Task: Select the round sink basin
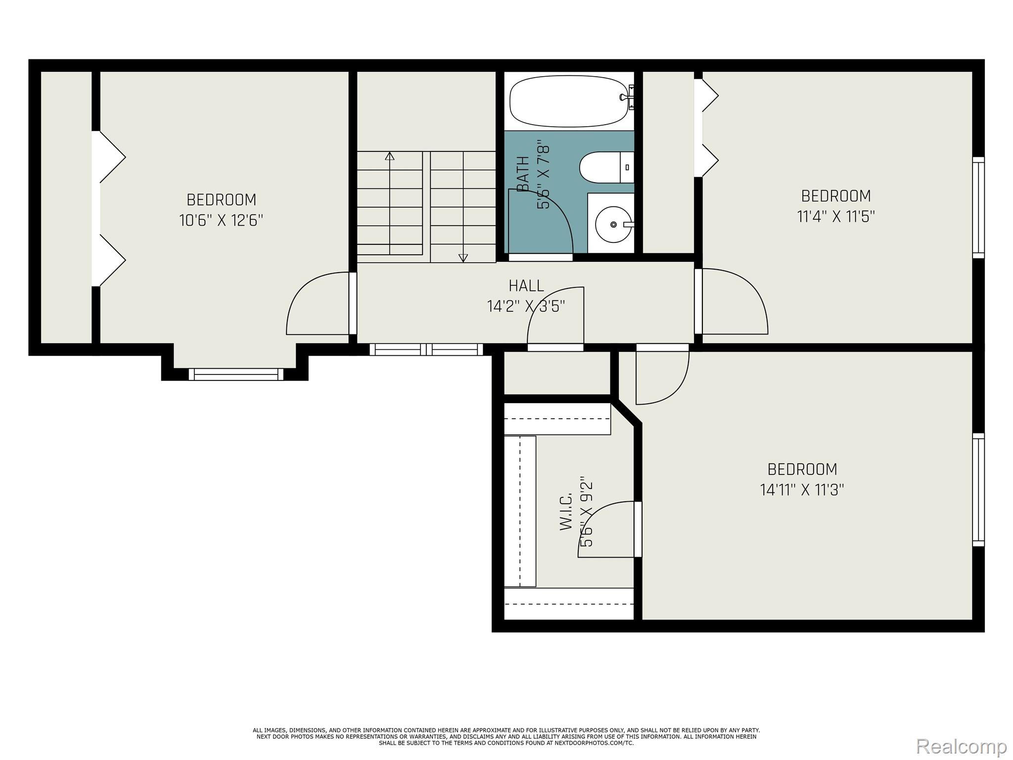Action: click(613, 225)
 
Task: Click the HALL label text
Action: click(526, 285)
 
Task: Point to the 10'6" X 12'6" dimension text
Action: click(221, 220)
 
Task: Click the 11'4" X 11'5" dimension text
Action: click(836, 216)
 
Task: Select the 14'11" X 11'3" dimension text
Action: click(802, 490)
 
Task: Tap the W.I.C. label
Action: click(566, 512)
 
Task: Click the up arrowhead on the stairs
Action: click(390, 156)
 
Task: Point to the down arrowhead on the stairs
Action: click(463, 257)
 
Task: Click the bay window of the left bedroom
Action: click(236, 374)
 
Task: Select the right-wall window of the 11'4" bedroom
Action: click(978, 207)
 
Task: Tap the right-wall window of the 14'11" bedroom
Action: click(978, 489)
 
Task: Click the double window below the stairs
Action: click(426, 349)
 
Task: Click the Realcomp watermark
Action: click(961, 745)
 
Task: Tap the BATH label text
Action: click(523, 173)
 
